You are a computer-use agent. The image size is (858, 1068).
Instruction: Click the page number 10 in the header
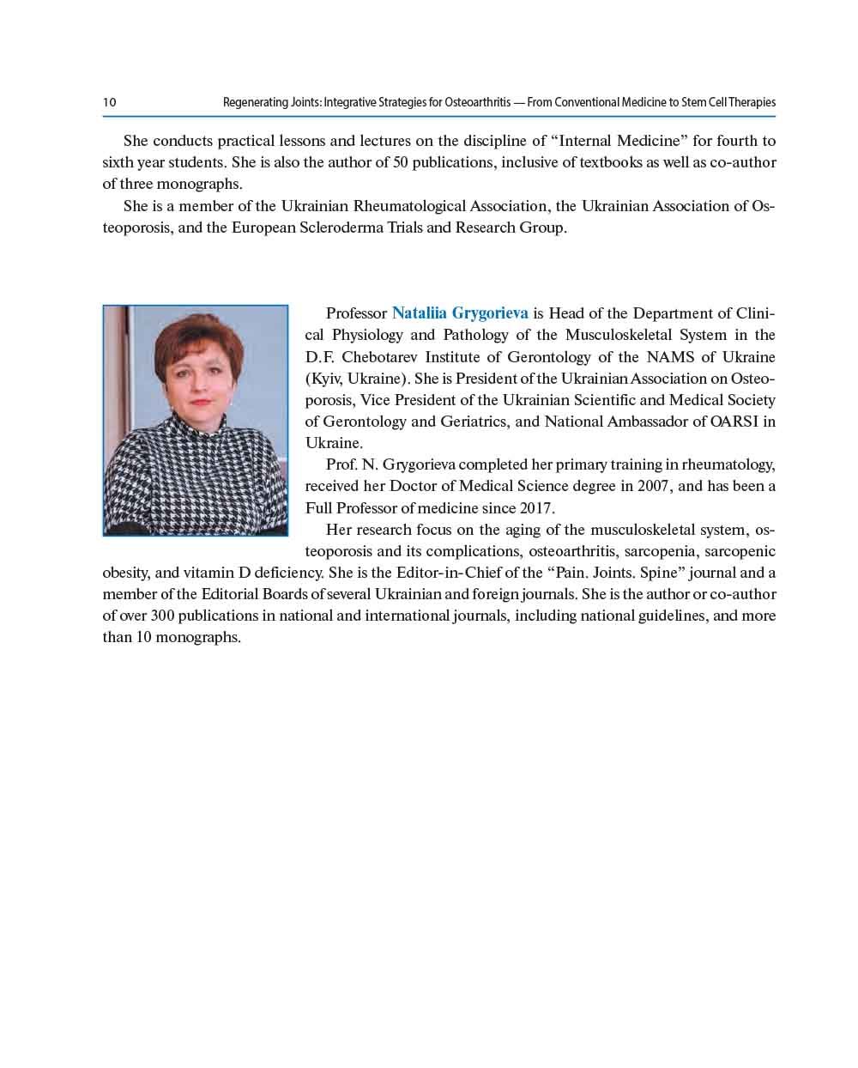click(110, 102)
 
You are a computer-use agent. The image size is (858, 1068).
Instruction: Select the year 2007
click(654, 486)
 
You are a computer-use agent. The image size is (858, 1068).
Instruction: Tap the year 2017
click(536, 507)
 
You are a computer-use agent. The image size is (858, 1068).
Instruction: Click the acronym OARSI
click(735, 422)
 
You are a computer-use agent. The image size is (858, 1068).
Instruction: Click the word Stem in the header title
click(688, 102)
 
